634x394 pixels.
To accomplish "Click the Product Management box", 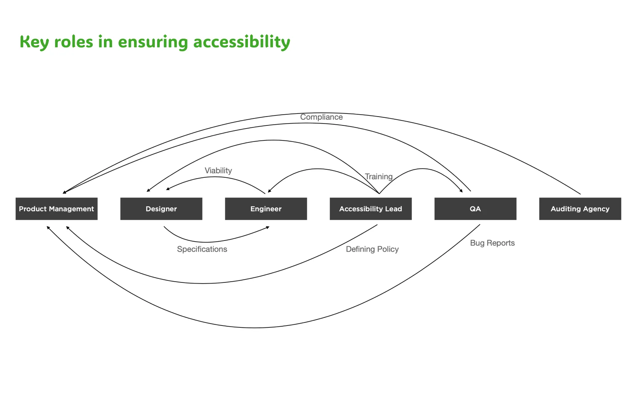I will tap(57, 209).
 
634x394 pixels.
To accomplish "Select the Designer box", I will tap(161, 209).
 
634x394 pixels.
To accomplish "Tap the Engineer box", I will tap(266, 209).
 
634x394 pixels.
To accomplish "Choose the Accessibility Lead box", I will tap(371, 209).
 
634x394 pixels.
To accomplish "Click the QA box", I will tap(475, 209).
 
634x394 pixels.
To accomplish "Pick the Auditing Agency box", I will tap(580, 209).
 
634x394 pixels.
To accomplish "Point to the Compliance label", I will tap(321, 117).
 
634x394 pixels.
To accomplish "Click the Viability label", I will tap(218, 170).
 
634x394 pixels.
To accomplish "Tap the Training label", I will tap(379, 177).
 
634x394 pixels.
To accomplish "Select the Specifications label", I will tap(202, 249).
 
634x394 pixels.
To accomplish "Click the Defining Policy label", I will tap(372, 249).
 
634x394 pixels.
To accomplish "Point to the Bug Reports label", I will tap(492, 243).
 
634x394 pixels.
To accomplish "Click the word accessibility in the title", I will tap(242, 42).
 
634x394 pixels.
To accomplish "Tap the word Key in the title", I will tap(34, 42).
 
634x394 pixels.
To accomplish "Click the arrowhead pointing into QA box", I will tap(461, 190).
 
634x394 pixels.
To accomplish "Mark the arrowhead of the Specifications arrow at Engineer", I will tap(268, 227).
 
